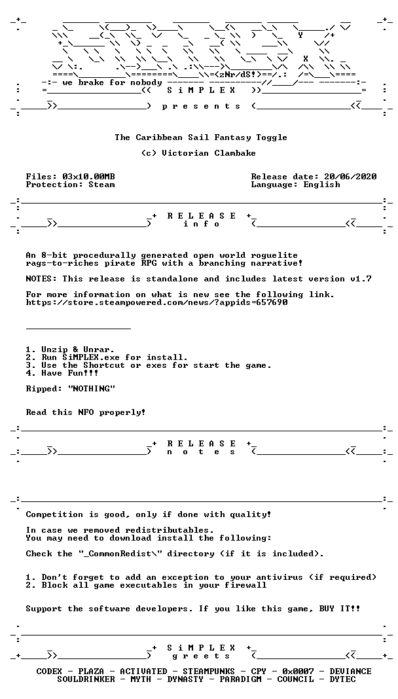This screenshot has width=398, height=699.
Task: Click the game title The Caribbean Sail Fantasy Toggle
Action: [x=201, y=137]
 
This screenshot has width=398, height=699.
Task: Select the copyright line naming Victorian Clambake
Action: [x=201, y=156]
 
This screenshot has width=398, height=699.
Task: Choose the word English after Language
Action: [x=321, y=185]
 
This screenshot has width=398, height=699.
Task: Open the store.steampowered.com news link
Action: [x=156, y=303]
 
